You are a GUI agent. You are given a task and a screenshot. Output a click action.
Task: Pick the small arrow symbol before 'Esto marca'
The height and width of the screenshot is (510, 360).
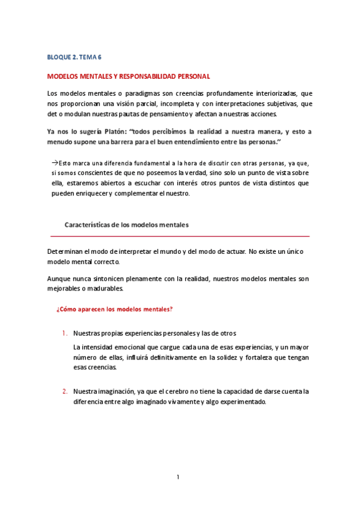[x=53, y=163]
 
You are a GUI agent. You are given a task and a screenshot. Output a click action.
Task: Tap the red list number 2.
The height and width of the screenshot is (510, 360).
[x=64, y=391]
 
